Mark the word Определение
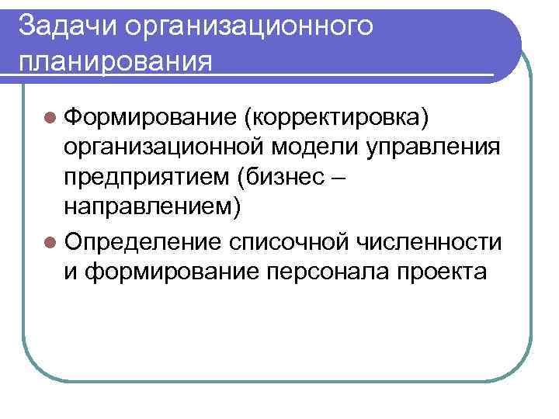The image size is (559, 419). coord(146,242)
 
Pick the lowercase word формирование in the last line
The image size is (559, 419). coord(172,273)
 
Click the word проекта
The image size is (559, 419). coord(443,273)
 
